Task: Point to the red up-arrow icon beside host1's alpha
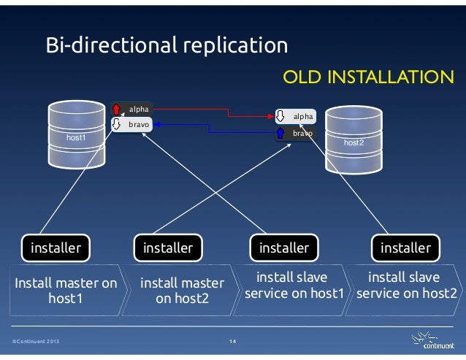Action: [x=116, y=110]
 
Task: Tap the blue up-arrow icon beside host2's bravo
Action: [x=280, y=134]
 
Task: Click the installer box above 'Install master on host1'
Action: [x=56, y=248]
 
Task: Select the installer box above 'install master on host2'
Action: [x=168, y=248]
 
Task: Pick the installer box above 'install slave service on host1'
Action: [x=284, y=248]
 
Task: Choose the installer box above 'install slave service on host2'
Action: [x=405, y=248]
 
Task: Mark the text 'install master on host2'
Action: [x=182, y=291]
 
